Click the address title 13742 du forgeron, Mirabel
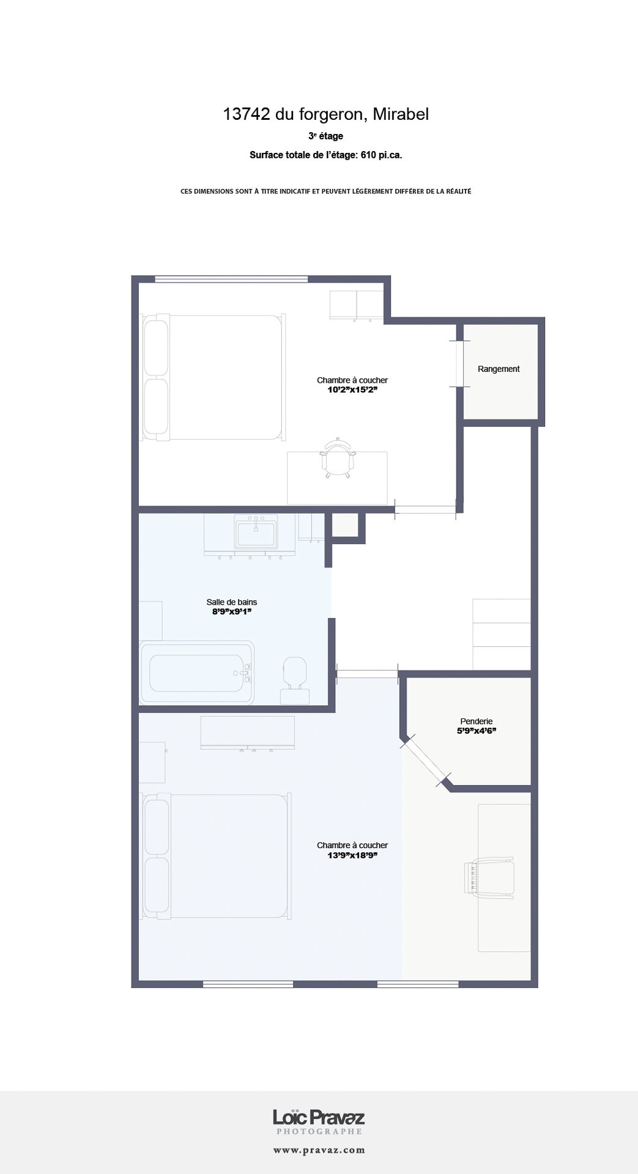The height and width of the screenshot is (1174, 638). [325, 114]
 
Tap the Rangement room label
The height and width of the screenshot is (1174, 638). [499, 369]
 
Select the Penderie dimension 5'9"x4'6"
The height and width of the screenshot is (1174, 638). [476, 731]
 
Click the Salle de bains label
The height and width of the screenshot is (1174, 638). [231, 602]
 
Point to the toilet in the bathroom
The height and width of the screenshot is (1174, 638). [295, 679]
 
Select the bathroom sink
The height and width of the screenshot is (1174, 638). [255, 531]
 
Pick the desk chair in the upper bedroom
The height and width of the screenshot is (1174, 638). [337, 459]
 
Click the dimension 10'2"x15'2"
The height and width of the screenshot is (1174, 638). [352, 389]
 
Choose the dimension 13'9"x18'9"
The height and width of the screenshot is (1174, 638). [352, 855]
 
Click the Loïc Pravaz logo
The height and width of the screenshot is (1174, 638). [319, 1118]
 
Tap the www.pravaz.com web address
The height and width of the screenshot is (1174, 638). [319, 1150]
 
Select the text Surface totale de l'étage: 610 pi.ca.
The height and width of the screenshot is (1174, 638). [325, 155]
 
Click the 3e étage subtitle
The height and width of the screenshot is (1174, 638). [325, 136]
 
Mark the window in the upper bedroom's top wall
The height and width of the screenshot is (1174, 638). [231, 279]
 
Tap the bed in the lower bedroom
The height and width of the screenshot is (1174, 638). [215, 856]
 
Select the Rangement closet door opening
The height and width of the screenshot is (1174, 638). [459, 364]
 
